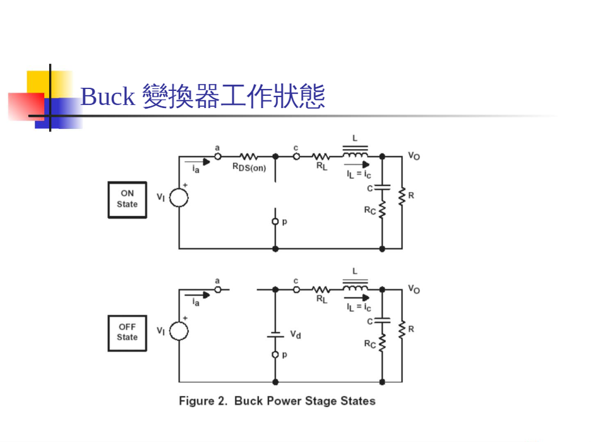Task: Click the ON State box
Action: pyautogui.click(x=127, y=200)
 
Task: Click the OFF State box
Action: pyautogui.click(x=127, y=333)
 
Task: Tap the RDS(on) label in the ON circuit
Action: pyautogui.click(x=249, y=167)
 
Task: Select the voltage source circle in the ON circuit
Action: pyautogui.click(x=179, y=198)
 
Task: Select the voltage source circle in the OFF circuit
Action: pyautogui.click(x=179, y=331)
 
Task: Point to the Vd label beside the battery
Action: pyautogui.click(x=295, y=335)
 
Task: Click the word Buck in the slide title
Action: pyautogui.click(x=107, y=97)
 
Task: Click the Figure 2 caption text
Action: pyautogui.click(x=277, y=401)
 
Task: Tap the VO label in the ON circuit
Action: pyautogui.click(x=414, y=156)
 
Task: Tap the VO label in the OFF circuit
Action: pyautogui.click(x=414, y=289)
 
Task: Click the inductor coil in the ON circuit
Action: pyautogui.click(x=355, y=154)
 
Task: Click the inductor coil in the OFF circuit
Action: pyautogui.click(x=355, y=287)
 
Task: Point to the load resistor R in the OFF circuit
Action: pyautogui.click(x=402, y=329)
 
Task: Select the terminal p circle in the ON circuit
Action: pyautogui.click(x=275, y=222)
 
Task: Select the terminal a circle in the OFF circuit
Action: pyautogui.click(x=218, y=289)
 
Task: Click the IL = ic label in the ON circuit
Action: pyautogui.click(x=358, y=174)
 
